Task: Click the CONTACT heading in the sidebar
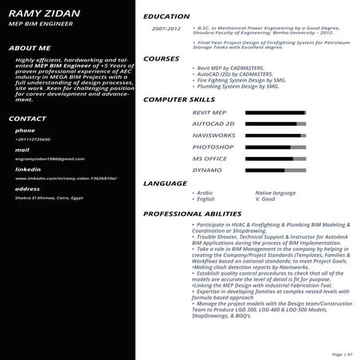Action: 27,119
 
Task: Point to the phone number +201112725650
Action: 32,139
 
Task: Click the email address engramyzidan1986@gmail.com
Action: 49,158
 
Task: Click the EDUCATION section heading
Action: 166,16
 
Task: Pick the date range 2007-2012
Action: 166,29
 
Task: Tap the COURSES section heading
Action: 161,59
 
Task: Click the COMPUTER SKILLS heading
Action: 179,100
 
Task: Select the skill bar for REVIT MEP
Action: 275,113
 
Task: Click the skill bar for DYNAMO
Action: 275,170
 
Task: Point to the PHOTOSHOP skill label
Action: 212,147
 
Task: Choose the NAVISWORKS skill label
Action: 213,136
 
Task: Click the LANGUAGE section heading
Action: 165,183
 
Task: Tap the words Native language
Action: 276,193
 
